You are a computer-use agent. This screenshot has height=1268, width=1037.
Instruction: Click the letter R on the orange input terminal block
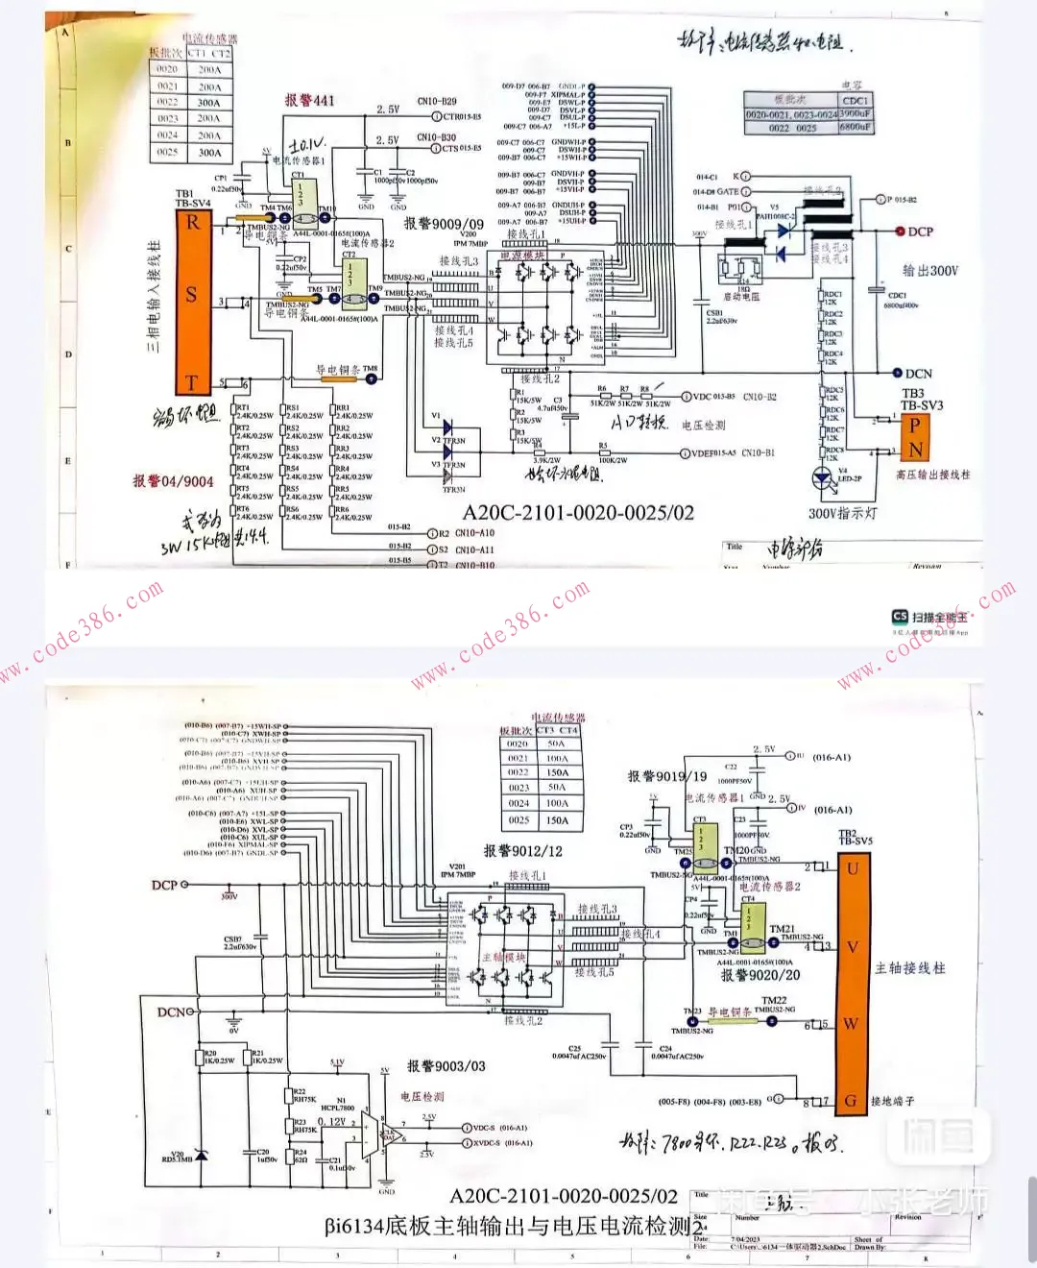[193, 223]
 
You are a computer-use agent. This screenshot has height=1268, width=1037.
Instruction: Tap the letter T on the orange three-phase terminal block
[191, 383]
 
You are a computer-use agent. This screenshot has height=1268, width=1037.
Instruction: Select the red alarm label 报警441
[309, 100]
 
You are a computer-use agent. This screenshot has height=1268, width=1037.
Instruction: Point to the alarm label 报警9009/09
[444, 223]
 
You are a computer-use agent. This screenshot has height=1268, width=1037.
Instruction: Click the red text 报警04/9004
[173, 480]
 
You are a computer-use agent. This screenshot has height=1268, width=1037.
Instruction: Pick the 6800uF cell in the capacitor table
[855, 127]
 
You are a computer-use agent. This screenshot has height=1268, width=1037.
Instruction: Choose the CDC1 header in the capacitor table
[855, 100]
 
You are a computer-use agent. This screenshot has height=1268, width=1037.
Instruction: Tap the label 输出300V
[929, 271]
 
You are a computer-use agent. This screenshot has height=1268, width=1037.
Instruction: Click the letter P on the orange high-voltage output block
[915, 425]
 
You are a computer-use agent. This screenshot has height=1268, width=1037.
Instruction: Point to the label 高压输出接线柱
[932, 475]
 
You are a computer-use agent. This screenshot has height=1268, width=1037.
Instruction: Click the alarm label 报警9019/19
[666, 776]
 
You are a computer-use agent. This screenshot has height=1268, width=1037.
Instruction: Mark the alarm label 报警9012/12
[522, 850]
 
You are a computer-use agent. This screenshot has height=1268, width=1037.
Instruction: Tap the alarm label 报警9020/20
[760, 975]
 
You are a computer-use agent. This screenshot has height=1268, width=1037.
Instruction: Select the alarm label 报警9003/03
[446, 1065]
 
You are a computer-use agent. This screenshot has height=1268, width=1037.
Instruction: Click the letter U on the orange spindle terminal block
[852, 869]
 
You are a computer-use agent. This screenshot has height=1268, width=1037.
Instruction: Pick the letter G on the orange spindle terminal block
[850, 1101]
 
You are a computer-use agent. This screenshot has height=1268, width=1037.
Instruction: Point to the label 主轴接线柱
[909, 967]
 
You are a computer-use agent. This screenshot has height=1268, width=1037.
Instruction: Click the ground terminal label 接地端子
[892, 1101]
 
